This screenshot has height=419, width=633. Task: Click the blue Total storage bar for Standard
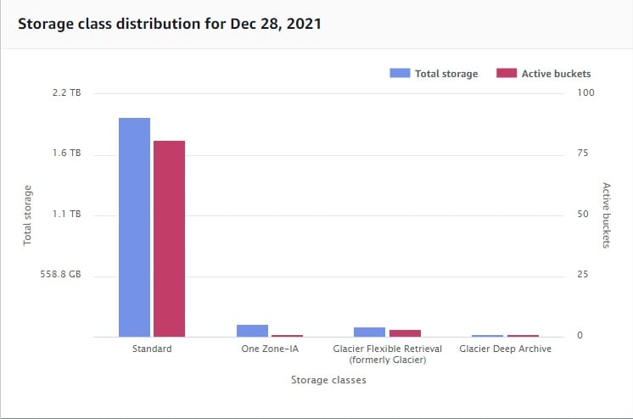click(x=134, y=226)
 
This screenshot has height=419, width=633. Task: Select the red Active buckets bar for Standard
click(x=169, y=238)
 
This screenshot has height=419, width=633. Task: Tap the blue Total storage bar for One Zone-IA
click(x=252, y=331)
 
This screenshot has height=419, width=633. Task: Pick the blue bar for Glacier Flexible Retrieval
click(x=369, y=332)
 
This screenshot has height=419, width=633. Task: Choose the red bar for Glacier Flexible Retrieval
click(x=405, y=333)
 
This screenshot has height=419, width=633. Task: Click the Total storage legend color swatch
click(x=400, y=73)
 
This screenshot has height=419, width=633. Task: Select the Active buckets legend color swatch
click(x=507, y=73)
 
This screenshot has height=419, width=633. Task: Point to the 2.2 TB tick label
click(x=66, y=92)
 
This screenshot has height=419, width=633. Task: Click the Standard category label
click(x=153, y=349)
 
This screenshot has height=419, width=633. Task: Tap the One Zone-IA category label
click(x=270, y=349)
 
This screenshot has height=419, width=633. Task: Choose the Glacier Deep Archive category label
click(x=505, y=349)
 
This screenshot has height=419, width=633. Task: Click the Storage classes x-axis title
click(x=328, y=380)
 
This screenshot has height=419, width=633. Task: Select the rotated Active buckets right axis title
click(x=606, y=215)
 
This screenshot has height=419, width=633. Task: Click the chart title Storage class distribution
click(x=169, y=23)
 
